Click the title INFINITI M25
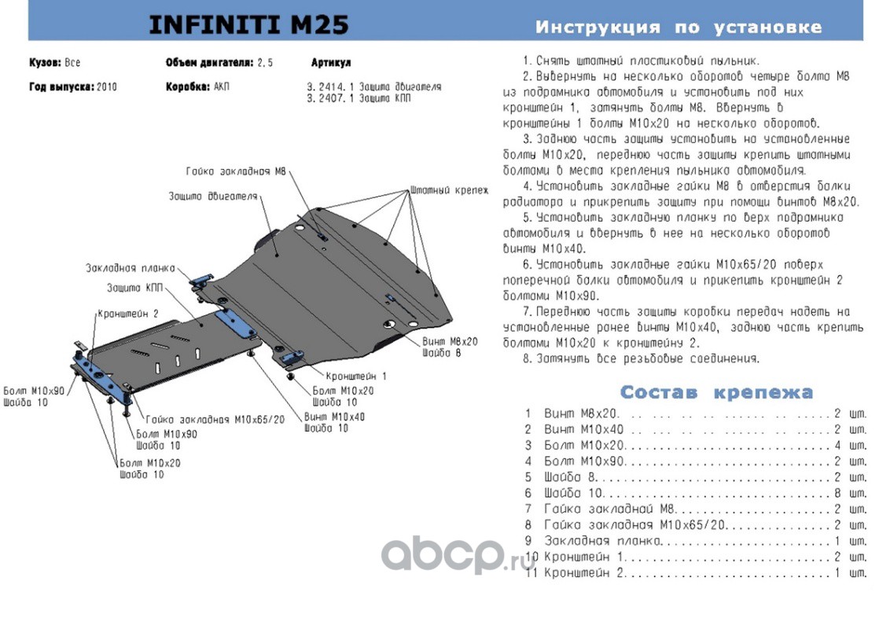click(248, 26)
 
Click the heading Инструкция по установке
click(678, 28)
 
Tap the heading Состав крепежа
click(716, 392)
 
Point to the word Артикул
click(330, 63)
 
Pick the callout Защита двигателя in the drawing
click(213, 196)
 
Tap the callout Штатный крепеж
click(448, 190)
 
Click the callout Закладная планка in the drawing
click(130, 268)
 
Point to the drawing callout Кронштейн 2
click(128, 313)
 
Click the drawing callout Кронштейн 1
click(355, 377)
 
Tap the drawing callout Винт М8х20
click(450, 342)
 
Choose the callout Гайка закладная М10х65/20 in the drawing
click(215, 420)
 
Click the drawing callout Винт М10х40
click(334, 417)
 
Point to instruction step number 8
click(528, 359)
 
